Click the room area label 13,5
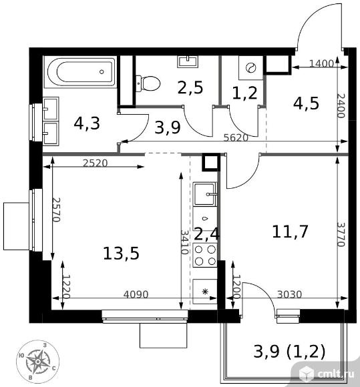(121, 254)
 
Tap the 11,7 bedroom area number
(290, 232)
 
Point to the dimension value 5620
(236, 137)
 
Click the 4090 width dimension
(136, 294)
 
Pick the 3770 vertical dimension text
(341, 234)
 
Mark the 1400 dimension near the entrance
(322, 63)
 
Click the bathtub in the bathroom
(81, 72)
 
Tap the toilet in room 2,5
(148, 83)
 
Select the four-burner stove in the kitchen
(205, 255)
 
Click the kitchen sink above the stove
(205, 193)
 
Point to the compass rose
(37, 362)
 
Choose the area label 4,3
(87, 123)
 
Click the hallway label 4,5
(306, 103)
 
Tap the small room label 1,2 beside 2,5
(245, 93)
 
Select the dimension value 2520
(96, 163)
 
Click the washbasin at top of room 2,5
(188, 61)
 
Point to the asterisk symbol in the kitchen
(205, 292)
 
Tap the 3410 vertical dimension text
(184, 242)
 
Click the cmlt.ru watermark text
(336, 374)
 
